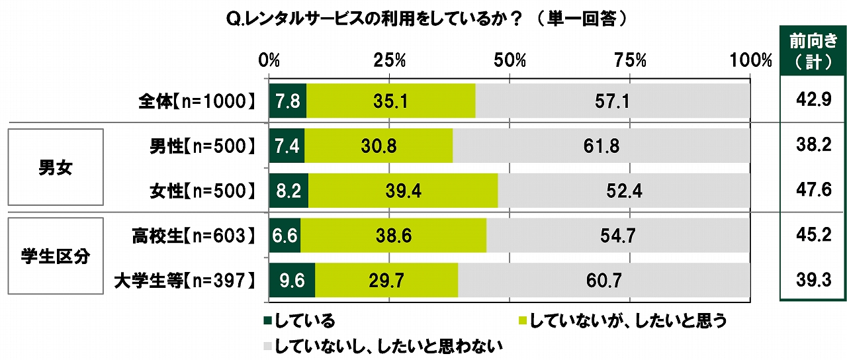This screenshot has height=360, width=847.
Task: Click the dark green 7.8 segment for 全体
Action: pos(288,101)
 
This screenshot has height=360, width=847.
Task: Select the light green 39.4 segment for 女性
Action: pos(403,191)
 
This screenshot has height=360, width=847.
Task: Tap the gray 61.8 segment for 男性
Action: pos(601,146)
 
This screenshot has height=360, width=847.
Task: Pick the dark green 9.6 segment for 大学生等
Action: pos(292,281)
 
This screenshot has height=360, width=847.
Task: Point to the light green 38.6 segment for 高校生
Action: pos(393,236)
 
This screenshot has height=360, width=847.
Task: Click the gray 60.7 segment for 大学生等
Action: pos(603,281)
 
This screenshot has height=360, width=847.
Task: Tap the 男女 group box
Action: pos(56,168)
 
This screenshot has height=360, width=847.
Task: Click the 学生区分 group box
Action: pos(56,257)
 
